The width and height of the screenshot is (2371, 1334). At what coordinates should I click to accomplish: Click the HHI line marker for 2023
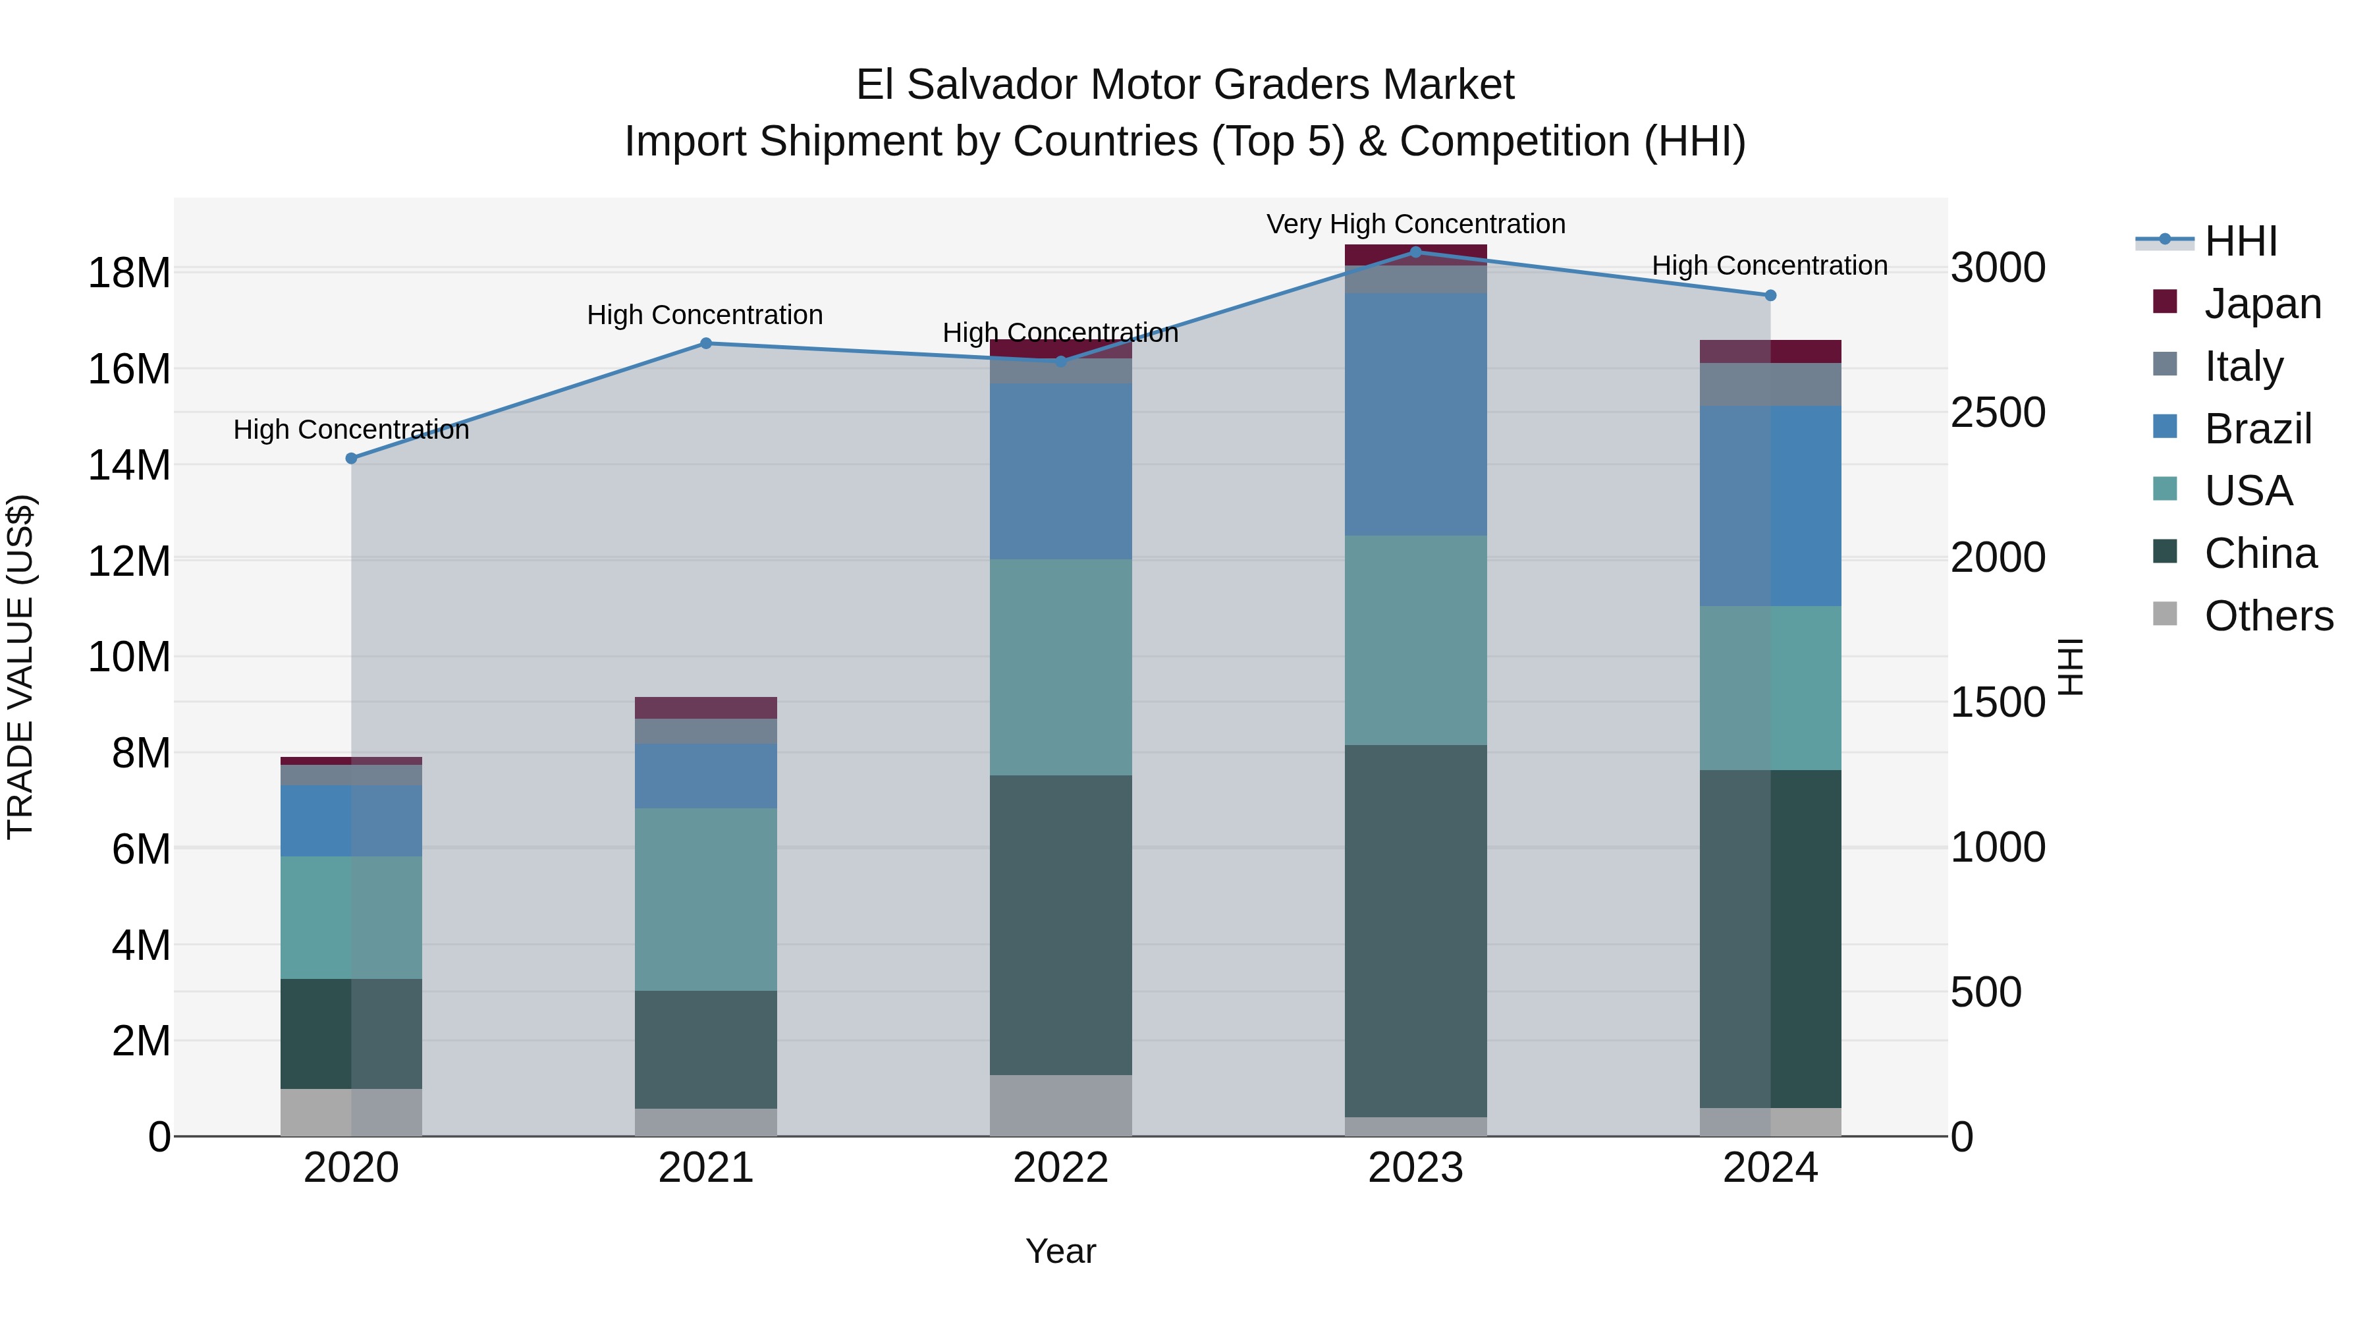[x=1415, y=252]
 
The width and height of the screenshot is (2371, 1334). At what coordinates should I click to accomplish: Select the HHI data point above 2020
[x=350, y=459]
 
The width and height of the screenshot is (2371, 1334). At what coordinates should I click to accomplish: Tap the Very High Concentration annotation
[x=1415, y=224]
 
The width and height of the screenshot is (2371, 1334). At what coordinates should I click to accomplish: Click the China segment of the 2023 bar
[x=1415, y=930]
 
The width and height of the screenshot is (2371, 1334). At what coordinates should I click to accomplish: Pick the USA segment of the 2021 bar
[x=706, y=899]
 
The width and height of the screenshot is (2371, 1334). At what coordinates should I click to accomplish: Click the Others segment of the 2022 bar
[x=1060, y=1105]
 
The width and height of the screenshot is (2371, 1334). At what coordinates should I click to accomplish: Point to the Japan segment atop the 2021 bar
[x=706, y=707]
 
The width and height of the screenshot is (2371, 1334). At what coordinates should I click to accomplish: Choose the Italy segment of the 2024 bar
[x=1770, y=384]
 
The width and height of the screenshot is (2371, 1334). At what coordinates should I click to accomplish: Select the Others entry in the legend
[x=2268, y=616]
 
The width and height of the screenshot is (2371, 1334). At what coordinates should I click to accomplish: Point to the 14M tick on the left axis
[x=129, y=465]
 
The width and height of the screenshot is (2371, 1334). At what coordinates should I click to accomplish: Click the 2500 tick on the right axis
[x=1998, y=412]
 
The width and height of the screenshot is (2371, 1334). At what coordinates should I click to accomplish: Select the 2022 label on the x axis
[x=1060, y=1168]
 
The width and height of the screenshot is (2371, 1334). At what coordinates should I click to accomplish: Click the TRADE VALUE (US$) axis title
[x=20, y=667]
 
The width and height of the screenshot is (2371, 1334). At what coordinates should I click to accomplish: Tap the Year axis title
[x=1060, y=1251]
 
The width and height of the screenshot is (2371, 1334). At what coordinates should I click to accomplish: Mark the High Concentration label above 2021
[x=704, y=315]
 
